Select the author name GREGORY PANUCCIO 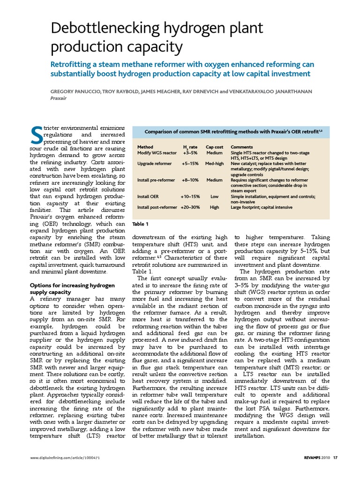(75, 91)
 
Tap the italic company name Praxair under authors (59, 98)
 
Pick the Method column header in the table (145, 147)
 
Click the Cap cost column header (214, 147)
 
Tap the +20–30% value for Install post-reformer (190, 207)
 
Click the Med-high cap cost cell (214, 164)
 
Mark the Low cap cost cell (214, 197)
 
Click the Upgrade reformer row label (153, 164)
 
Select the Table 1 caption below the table (141, 224)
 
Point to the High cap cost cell (214, 207)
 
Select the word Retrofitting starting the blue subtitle (74, 64)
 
